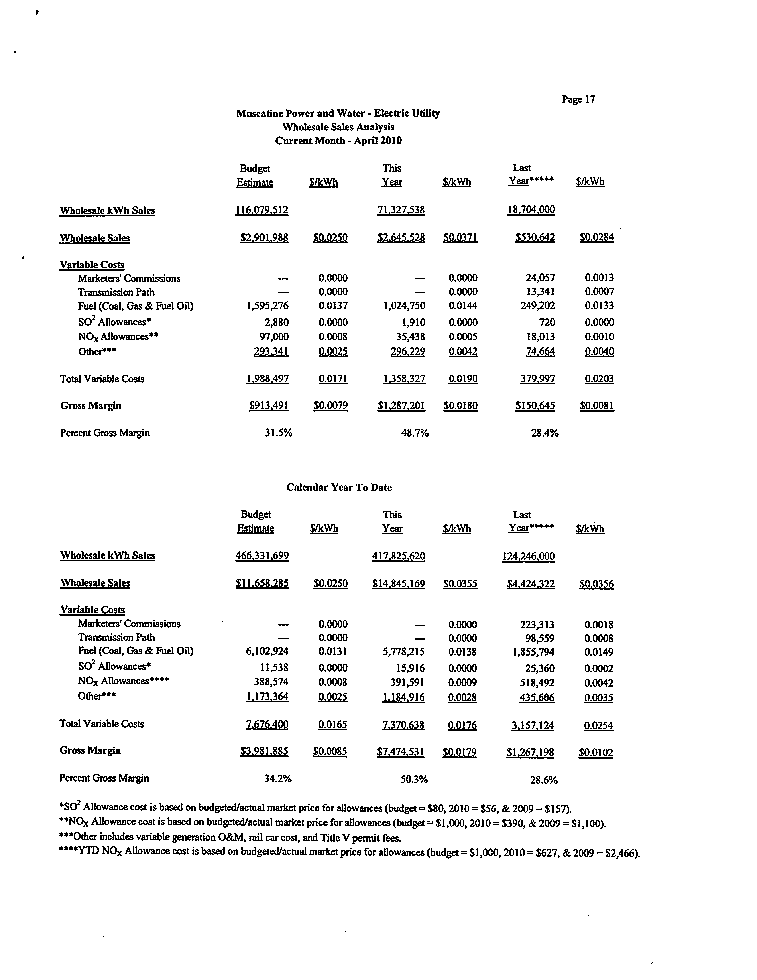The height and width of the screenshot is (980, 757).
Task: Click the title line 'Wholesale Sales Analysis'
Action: coord(338,127)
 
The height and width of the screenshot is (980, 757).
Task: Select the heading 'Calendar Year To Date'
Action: coord(339,487)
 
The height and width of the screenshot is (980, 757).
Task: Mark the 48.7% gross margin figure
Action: coord(415,433)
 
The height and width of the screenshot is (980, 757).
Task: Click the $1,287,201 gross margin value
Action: coord(401,406)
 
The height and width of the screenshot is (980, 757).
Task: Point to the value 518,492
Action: coord(540,682)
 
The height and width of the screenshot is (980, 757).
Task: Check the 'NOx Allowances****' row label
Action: coord(123,681)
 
